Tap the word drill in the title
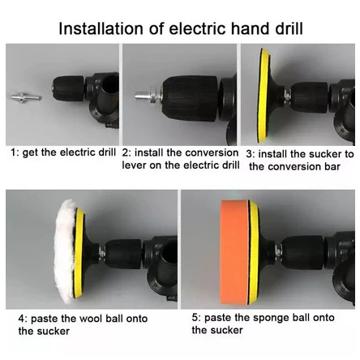click(289, 28)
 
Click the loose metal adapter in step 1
click(26, 97)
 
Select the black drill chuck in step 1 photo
click(68, 88)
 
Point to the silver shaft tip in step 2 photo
click(143, 95)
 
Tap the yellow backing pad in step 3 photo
click(264, 96)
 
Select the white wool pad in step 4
click(64, 251)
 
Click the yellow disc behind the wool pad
click(79, 253)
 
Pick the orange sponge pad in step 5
click(234, 252)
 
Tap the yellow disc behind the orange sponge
click(254, 252)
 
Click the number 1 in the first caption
click(13, 152)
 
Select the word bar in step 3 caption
click(332, 166)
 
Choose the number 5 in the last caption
click(195, 317)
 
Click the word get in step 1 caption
click(30, 153)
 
